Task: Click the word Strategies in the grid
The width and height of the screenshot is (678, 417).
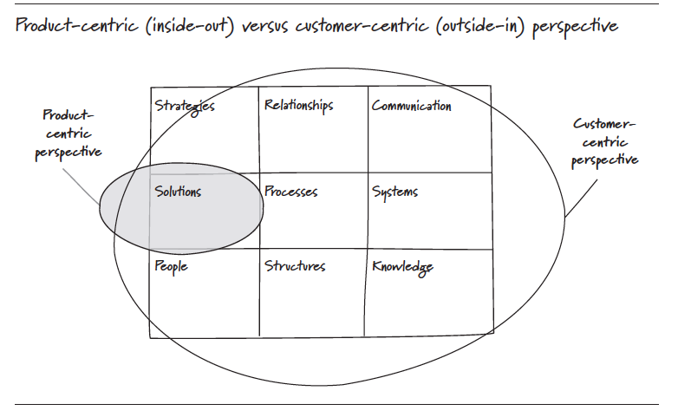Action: click(185, 107)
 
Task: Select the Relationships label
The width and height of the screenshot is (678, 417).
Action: click(298, 106)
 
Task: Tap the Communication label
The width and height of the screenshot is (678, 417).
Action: click(411, 106)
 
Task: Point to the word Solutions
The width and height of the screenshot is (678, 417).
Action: click(178, 191)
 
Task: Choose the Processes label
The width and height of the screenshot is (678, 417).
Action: click(290, 192)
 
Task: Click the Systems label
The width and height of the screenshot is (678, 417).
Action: click(394, 192)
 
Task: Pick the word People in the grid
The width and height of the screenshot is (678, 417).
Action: click(171, 266)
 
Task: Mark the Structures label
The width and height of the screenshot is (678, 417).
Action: click(295, 266)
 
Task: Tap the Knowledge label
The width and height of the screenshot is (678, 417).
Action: click(402, 267)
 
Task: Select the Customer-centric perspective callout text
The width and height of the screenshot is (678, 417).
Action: click(605, 141)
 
